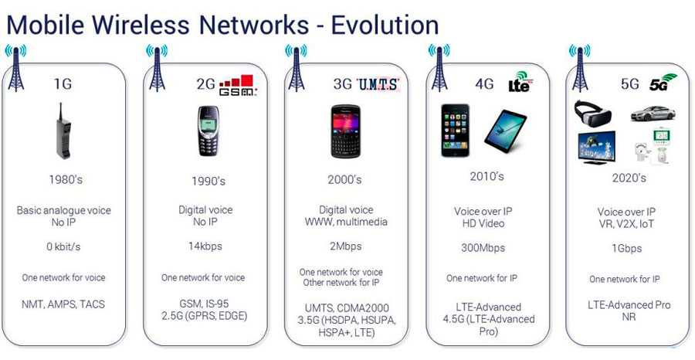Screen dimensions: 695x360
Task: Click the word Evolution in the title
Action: tap(385, 25)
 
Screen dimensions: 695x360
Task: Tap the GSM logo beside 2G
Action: tap(238, 86)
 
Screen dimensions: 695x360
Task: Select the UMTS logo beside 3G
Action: tap(378, 84)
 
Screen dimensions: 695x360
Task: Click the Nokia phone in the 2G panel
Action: tap(208, 131)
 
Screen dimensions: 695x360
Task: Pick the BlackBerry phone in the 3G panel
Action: tap(346, 131)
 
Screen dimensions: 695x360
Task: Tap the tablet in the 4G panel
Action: tap(505, 131)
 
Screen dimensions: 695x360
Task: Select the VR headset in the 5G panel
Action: tap(592, 113)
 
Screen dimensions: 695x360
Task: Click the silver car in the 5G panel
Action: tap(653, 114)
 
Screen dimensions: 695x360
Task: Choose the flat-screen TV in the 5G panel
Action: tap(596, 148)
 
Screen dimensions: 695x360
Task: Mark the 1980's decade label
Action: tap(66, 179)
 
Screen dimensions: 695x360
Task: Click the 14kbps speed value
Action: tap(205, 246)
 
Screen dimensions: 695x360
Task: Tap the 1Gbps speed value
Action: tap(627, 249)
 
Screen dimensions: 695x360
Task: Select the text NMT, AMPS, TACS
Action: tap(63, 304)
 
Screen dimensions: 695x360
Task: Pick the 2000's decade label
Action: tap(345, 179)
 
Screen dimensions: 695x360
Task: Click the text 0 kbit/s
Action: tap(63, 247)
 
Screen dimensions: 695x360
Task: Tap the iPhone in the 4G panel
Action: tap(455, 131)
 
